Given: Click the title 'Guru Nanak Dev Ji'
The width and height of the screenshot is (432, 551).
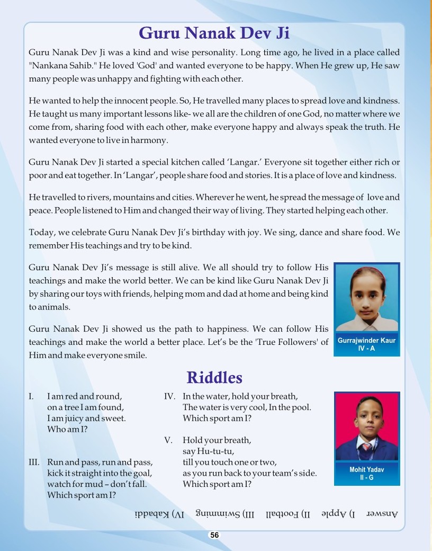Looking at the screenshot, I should [214, 33].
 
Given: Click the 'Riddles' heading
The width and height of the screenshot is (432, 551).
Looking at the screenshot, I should [214, 377].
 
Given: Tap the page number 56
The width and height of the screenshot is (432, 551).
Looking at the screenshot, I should [214, 535].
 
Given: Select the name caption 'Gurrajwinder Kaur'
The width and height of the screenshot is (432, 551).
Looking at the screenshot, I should [367, 341].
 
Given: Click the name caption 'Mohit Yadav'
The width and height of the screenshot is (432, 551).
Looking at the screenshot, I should [367, 469].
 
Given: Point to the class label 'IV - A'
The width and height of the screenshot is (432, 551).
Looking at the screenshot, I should [367, 349].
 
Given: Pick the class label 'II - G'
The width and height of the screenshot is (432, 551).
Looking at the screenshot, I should [367, 477].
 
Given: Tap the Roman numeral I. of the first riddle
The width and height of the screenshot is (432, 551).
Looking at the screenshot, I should [32, 396].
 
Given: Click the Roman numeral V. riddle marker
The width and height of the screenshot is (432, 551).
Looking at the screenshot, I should [169, 440].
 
